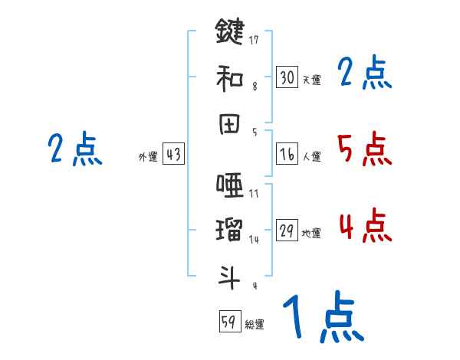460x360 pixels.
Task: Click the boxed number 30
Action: tap(287, 77)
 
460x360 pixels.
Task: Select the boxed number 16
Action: tap(287, 155)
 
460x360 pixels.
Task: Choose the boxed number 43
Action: tap(173, 155)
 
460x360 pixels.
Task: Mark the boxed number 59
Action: tap(228, 322)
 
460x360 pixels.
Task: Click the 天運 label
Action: tap(311, 80)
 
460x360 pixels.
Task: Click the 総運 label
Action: tap(254, 325)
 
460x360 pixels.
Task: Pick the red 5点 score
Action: tap(364, 149)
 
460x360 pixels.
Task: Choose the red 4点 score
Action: tap(364, 225)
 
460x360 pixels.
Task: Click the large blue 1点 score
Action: tap(322, 318)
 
